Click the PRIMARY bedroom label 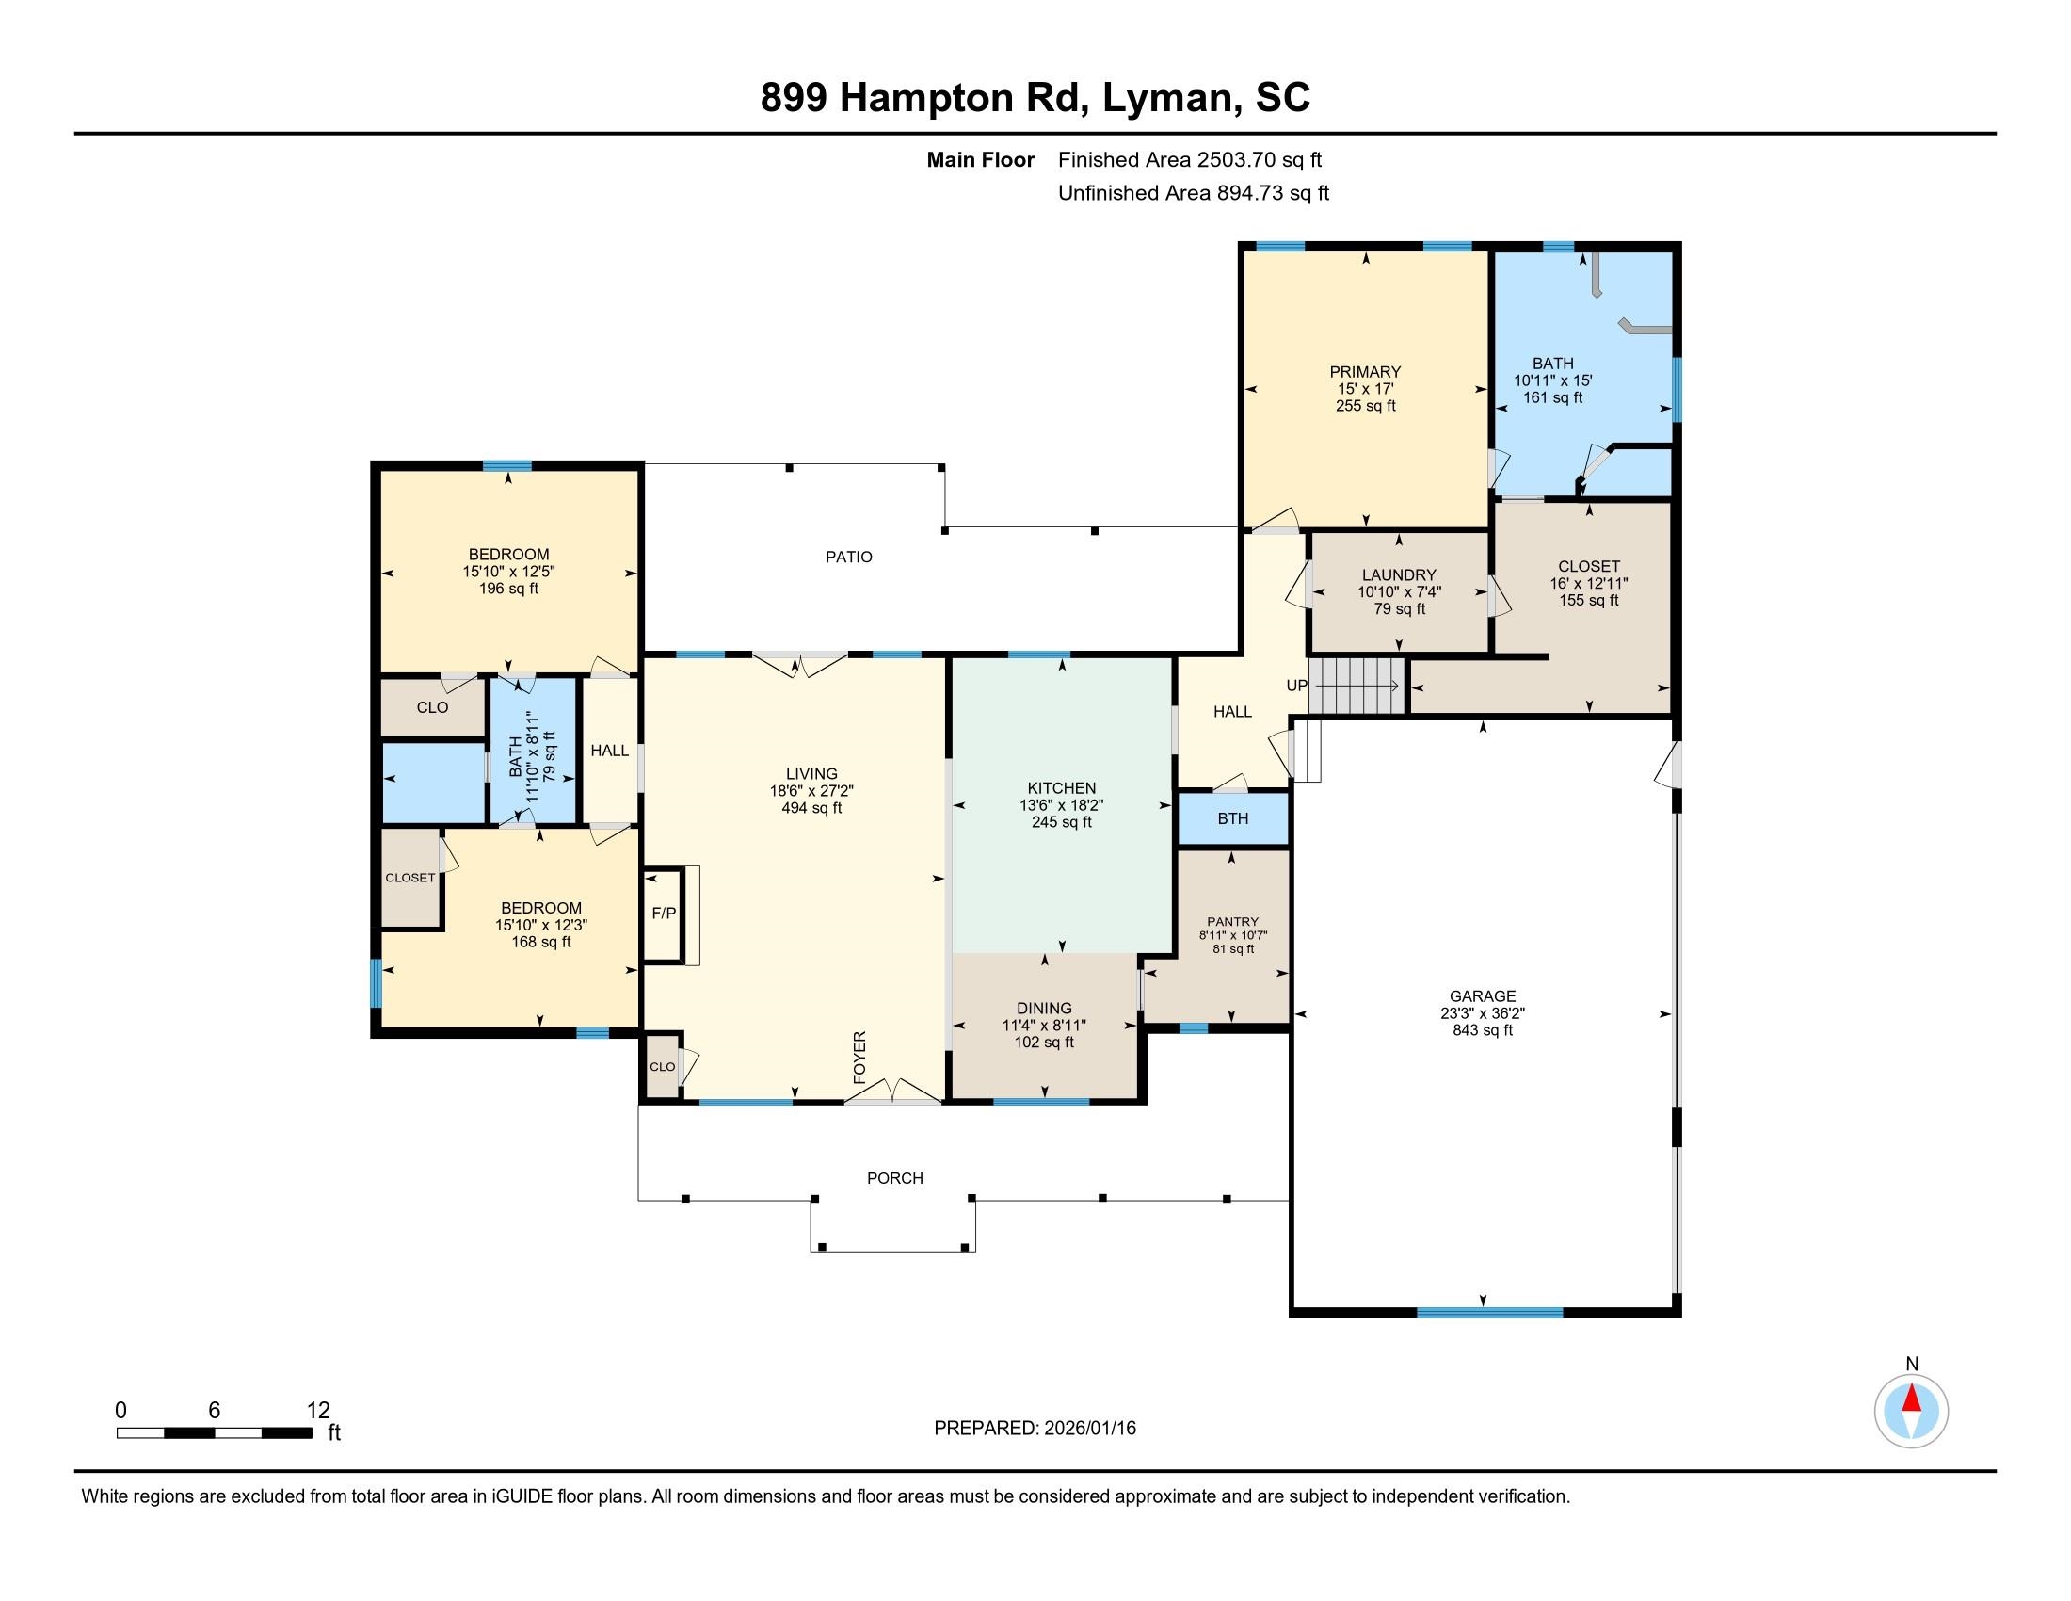tap(1365, 372)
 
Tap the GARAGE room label tap(1482, 995)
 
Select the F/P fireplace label tap(664, 914)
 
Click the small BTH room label tap(1233, 818)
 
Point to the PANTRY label tap(1233, 921)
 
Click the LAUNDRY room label tap(1399, 574)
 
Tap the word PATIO tap(849, 557)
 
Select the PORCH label tap(894, 1178)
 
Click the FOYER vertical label tap(860, 1058)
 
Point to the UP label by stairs tap(1296, 686)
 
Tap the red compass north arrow tap(1912, 1399)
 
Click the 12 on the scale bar tap(318, 1411)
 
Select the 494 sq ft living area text tap(811, 808)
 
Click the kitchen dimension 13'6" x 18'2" tap(1061, 805)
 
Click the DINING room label tap(1044, 1009)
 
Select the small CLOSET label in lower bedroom tap(409, 879)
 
